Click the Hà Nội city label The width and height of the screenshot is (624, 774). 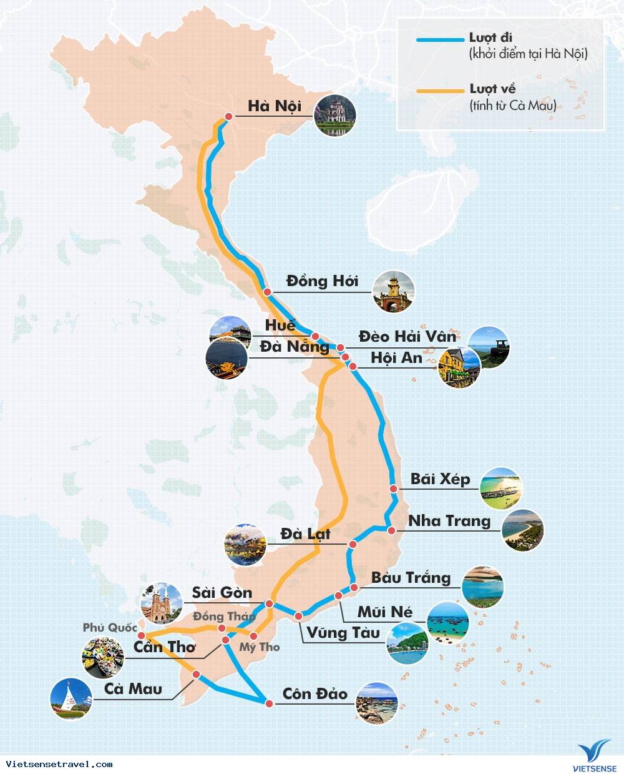pos(275,106)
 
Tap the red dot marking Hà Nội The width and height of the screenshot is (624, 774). pos(229,117)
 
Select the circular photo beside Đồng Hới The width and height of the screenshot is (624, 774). pos(393,292)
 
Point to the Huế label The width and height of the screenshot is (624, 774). pos(280,325)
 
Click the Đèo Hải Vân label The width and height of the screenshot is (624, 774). pos(407,336)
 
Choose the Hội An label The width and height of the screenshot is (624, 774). pos(396,357)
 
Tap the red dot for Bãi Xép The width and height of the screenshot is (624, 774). pos(394,489)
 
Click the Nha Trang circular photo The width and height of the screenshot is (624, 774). pos(522,531)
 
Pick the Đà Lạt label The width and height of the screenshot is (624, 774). pos(305,533)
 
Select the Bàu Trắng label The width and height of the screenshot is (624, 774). pos(411,577)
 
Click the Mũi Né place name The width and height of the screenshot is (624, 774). pos(384,612)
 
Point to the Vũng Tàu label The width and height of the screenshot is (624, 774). pos(343,633)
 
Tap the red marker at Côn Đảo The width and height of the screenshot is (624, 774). pos(269,703)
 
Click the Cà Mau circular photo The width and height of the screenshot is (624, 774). pos(71,698)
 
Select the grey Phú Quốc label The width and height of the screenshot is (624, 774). pos(110,627)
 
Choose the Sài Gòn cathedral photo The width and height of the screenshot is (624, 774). pos(162,604)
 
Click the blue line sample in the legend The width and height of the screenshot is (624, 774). pos(440,39)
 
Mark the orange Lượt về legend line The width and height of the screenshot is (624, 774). pos(440,91)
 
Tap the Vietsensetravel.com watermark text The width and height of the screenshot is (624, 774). pos(59,764)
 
